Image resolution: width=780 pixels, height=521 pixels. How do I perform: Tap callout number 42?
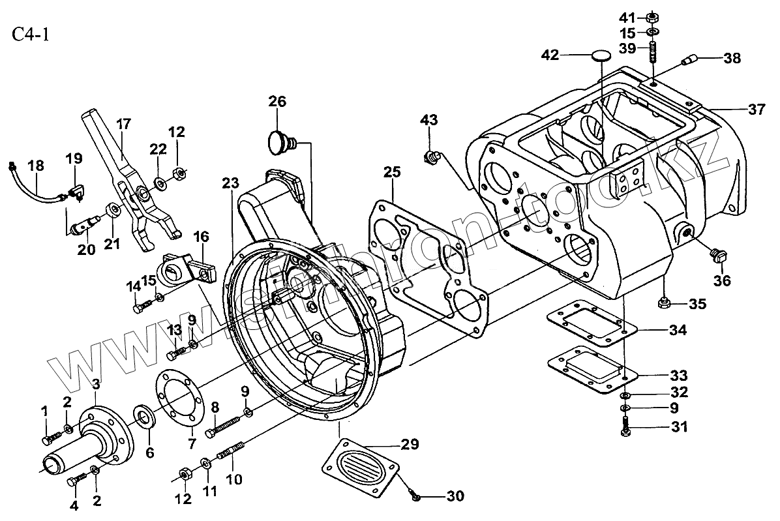pos(550,55)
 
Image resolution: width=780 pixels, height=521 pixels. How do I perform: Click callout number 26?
pos(277,102)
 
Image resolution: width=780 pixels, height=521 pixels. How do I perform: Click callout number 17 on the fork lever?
pos(124,123)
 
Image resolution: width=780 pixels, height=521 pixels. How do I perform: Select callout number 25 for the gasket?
pos(392,174)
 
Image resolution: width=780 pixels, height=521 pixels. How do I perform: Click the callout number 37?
pos(756,110)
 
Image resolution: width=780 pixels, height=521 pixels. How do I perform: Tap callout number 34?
pos(678,330)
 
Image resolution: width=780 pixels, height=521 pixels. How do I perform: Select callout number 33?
pos(678,376)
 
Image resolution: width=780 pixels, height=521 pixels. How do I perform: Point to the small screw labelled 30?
pos(415,498)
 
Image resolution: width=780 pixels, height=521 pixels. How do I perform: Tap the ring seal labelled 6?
pos(143,416)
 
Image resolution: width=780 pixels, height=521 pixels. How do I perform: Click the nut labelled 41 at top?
pos(653,16)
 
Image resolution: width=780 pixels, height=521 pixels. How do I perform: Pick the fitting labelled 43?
pos(431,156)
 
